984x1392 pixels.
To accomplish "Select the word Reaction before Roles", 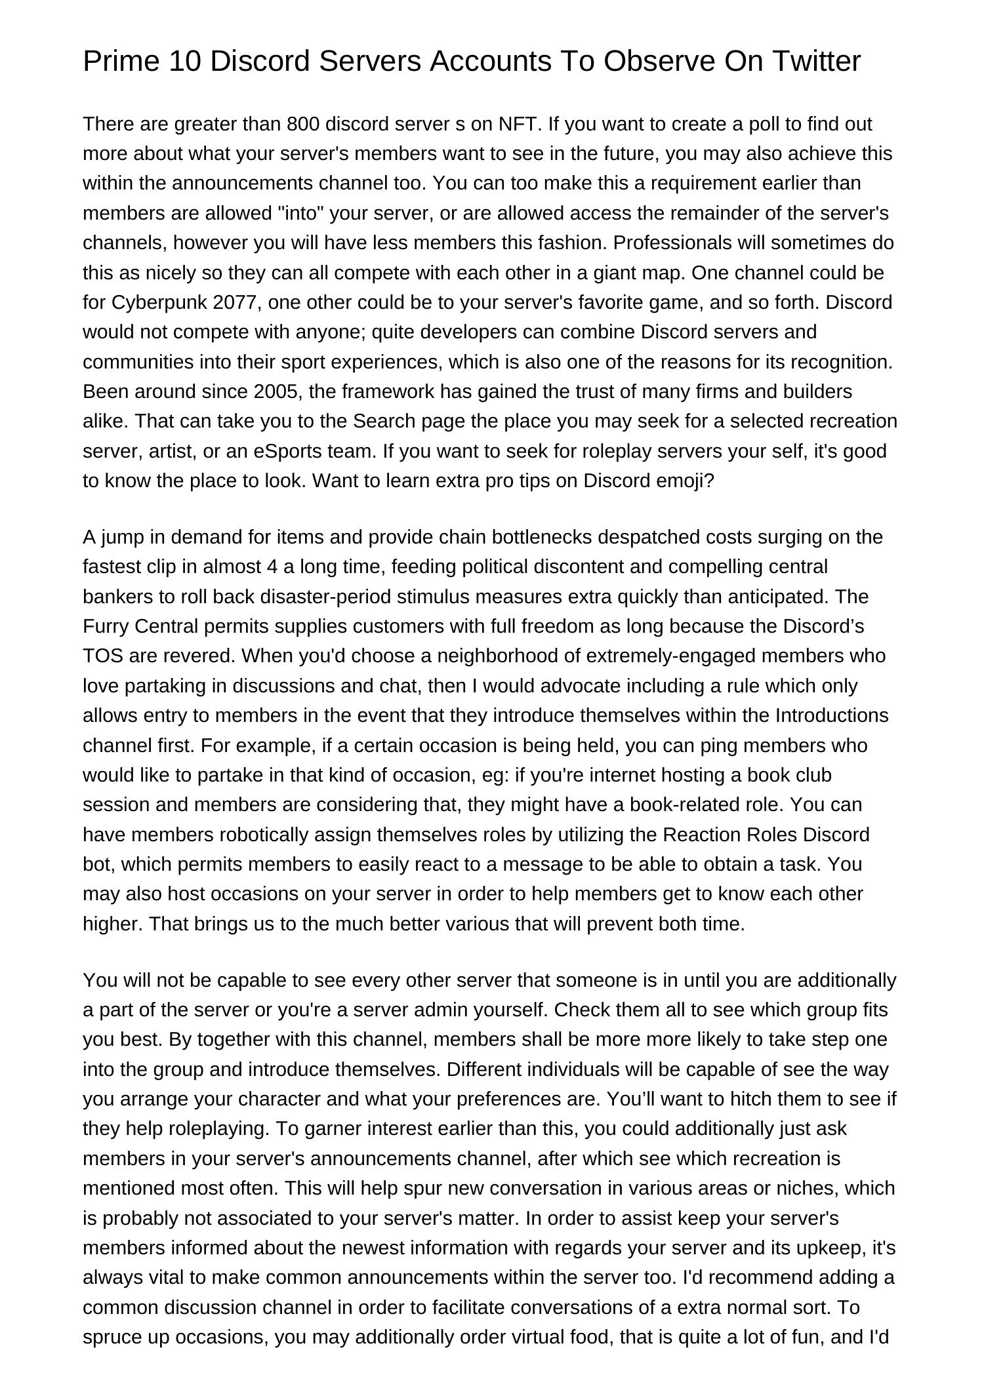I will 701,835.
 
